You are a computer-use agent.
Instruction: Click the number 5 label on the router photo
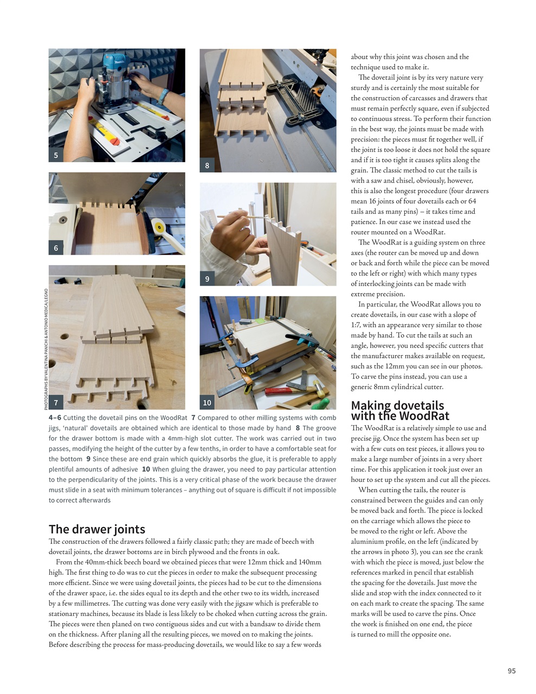(x=56, y=155)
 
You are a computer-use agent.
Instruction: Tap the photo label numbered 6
(x=56, y=248)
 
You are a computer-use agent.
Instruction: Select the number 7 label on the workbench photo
(x=56, y=402)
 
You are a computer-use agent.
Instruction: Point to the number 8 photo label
(x=207, y=165)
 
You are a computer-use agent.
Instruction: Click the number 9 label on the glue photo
(x=207, y=279)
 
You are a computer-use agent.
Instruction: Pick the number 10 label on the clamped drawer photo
(x=207, y=402)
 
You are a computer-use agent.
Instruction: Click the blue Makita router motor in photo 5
(x=116, y=65)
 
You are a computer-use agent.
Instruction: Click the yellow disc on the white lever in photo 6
(x=159, y=227)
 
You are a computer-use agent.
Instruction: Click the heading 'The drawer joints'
(x=97, y=529)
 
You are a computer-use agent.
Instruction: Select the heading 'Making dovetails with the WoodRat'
(x=397, y=410)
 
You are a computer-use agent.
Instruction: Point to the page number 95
(x=511, y=671)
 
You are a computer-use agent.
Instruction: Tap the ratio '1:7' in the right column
(x=357, y=325)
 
